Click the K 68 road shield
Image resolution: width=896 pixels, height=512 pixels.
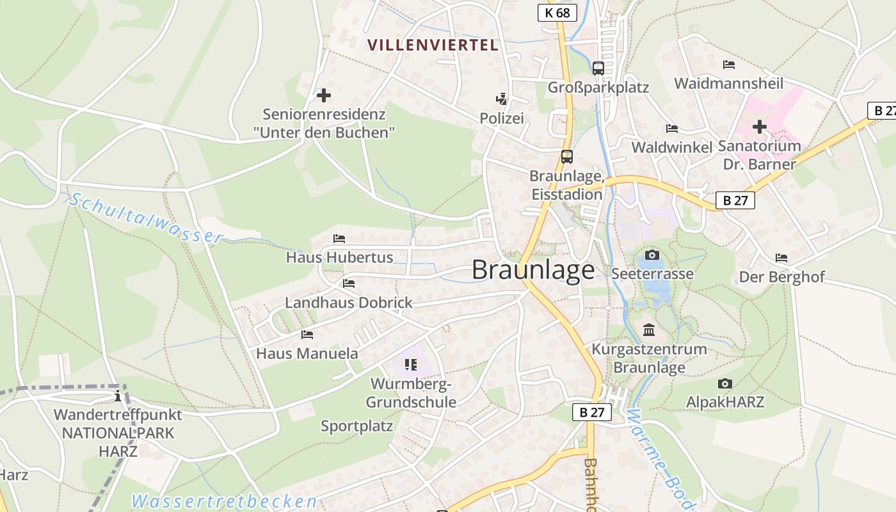click(x=557, y=12)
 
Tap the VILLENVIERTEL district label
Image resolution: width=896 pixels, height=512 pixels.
click(x=433, y=45)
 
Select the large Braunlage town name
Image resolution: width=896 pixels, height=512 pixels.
click(x=533, y=270)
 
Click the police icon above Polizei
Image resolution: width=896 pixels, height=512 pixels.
click(x=502, y=99)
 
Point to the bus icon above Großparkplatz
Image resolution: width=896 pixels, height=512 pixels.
click(x=598, y=68)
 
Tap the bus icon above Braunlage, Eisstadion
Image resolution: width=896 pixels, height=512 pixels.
click(x=566, y=156)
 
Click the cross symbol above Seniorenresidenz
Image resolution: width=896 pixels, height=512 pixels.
click(x=324, y=95)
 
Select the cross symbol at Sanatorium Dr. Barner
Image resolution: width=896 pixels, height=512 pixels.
click(x=760, y=127)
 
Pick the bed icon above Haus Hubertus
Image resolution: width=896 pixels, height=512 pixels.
click(x=339, y=239)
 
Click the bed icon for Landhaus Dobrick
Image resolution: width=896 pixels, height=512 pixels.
click(x=349, y=283)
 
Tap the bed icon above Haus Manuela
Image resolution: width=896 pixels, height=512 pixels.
click(x=307, y=334)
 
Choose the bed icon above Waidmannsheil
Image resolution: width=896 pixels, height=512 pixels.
click(x=728, y=65)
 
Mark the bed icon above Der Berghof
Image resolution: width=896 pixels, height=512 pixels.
click(x=781, y=258)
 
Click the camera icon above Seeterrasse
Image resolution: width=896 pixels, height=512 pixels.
click(x=652, y=255)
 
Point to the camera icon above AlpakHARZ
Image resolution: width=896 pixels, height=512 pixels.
click(x=724, y=383)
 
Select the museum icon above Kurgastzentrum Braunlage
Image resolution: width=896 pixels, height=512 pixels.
click(x=649, y=330)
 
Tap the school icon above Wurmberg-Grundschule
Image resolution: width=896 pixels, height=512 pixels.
click(x=410, y=365)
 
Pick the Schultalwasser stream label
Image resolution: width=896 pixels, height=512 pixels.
click(x=146, y=218)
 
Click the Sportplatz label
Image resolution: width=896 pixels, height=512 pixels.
click(x=356, y=426)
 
